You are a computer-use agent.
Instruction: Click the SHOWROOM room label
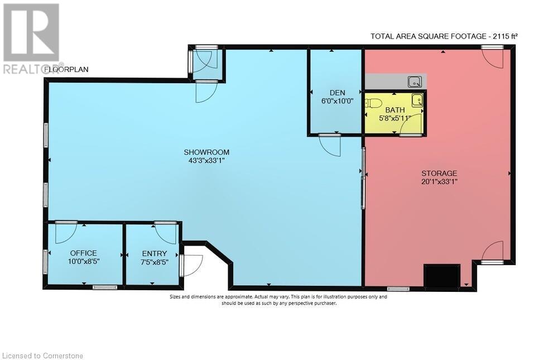point(206,152)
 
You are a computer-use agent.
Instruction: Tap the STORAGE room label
point(439,173)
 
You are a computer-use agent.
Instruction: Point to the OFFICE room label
point(83,253)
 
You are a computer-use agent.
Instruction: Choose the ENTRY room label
point(153,253)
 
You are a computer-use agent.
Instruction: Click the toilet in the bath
point(373,103)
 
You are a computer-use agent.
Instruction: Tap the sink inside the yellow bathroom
point(417,100)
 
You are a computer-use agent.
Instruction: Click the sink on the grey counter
point(414,82)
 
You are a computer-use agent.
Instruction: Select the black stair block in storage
point(442,275)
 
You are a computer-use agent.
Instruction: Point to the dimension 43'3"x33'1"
point(206,160)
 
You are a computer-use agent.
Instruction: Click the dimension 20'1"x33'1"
point(439,181)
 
